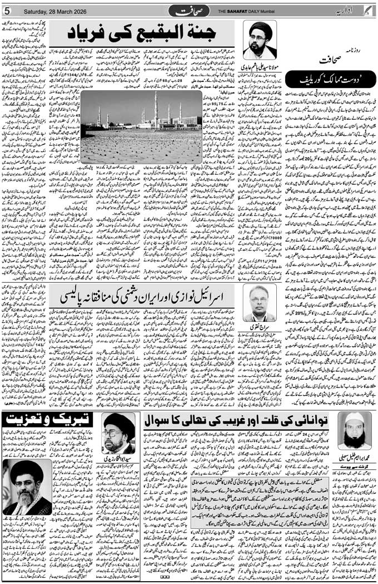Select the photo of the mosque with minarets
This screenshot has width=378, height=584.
point(141,127)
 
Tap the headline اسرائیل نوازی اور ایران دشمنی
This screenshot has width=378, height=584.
point(150,298)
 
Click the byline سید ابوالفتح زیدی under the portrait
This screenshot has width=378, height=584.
point(119,460)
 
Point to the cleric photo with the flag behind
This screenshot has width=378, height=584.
point(27,487)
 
